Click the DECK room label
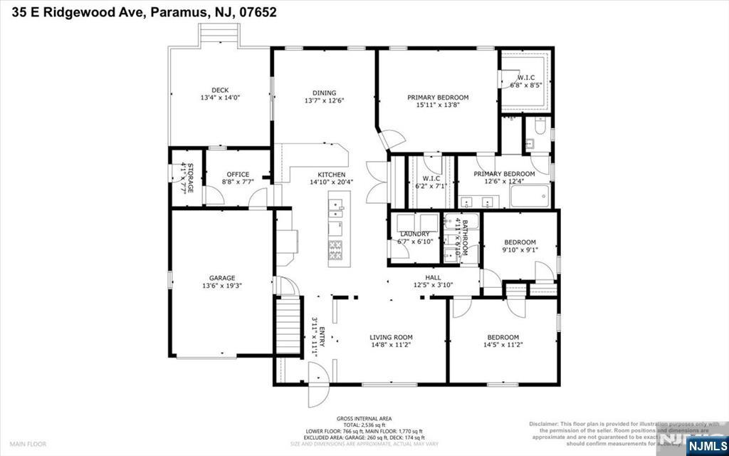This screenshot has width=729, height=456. coord(220,90)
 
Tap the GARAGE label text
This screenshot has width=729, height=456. coord(222,278)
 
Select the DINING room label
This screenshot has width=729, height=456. coord(324,93)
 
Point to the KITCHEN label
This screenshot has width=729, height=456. coord(332,175)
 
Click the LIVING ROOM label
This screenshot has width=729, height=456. coord(391,337)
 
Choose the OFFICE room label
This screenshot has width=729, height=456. coord(238,175)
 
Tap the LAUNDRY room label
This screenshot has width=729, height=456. coord(414,234)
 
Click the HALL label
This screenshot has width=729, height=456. coord(433,278)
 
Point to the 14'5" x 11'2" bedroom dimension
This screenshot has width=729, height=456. coord(503,345)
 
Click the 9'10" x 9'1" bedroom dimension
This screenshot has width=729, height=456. coord(520,249)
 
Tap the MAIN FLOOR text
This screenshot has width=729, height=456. coord(28,444)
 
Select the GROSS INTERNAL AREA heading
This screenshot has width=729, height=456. coord(364,419)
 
